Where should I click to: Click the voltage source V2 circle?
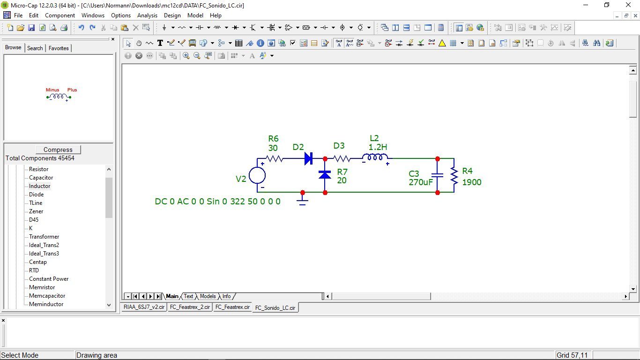(x=257, y=175)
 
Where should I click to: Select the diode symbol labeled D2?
(x=308, y=158)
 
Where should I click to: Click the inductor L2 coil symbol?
(x=375, y=157)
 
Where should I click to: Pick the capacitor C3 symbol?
(x=437, y=175)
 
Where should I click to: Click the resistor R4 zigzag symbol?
(x=454, y=176)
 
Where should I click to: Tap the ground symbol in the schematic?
(x=303, y=201)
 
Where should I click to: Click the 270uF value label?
(x=421, y=182)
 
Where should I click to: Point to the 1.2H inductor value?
(x=378, y=147)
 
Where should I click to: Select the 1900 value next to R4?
(x=472, y=182)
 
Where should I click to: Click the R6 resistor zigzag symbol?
(x=274, y=158)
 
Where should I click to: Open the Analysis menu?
(x=147, y=15)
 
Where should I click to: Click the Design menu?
(x=172, y=15)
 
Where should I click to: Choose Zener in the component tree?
(x=36, y=211)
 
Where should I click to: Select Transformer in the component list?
(x=44, y=236)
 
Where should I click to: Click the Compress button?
(x=58, y=150)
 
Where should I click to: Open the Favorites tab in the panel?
(x=59, y=48)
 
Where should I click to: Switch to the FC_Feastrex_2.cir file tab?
(x=190, y=307)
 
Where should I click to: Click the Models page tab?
(x=208, y=296)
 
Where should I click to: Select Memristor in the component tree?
(x=42, y=287)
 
